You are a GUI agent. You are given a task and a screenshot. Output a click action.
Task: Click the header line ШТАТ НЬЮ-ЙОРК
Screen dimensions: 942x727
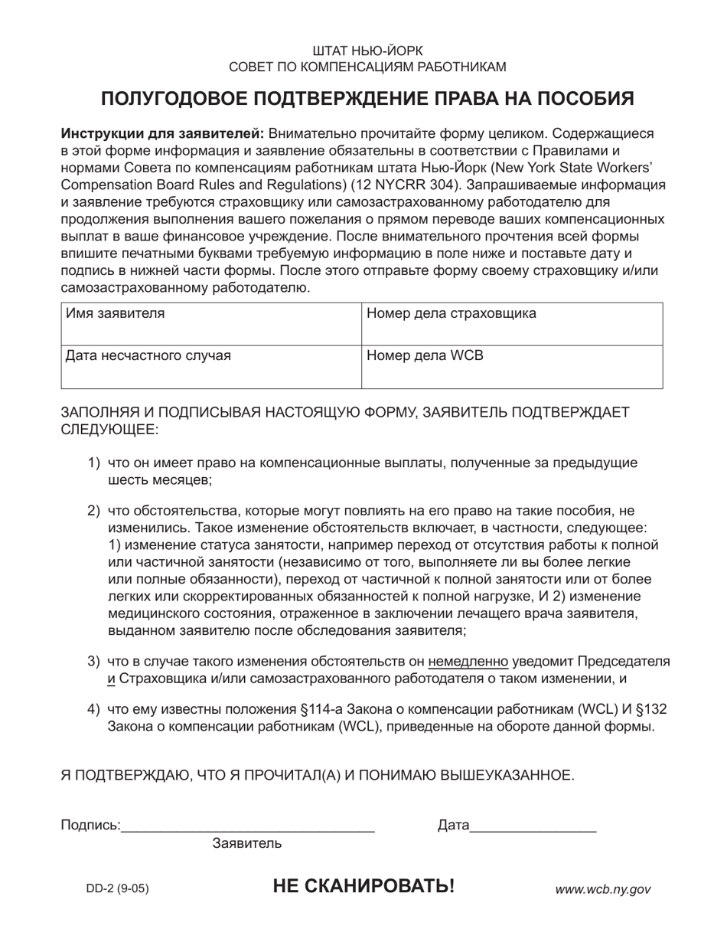click(367, 51)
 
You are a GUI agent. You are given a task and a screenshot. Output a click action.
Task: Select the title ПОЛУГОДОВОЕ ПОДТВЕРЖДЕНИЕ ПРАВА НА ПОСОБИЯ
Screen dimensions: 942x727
click(367, 98)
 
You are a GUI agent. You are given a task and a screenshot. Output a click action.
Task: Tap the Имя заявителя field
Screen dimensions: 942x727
click(210, 323)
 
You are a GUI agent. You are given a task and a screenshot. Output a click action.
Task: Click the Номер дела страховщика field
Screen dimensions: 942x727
click(511, 323)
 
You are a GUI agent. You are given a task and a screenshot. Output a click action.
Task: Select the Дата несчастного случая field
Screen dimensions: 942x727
click(210, 367)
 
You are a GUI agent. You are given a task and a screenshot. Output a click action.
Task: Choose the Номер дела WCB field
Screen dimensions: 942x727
click(511, 367)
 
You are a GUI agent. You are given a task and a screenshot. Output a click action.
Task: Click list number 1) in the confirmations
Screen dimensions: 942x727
click(93, 463)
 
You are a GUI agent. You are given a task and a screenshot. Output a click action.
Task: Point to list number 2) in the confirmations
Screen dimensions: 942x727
click(93, 511)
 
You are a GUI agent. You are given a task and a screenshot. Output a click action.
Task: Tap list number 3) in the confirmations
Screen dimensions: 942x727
click(93, 661)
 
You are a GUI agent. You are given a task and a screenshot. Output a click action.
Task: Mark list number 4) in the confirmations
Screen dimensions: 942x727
click(93, 709)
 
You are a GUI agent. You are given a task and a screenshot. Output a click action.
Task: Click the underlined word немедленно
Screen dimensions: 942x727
click(468, 661)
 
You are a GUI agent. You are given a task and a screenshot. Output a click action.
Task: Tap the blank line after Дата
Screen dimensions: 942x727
click(533, 826)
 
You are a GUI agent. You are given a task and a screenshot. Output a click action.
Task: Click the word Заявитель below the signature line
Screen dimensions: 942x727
click(247, 844)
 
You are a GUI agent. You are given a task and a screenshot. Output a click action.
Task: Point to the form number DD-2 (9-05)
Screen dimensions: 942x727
click(117, 889)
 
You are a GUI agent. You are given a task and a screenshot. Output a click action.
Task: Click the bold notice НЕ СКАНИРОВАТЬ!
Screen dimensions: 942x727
click(363, 887)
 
